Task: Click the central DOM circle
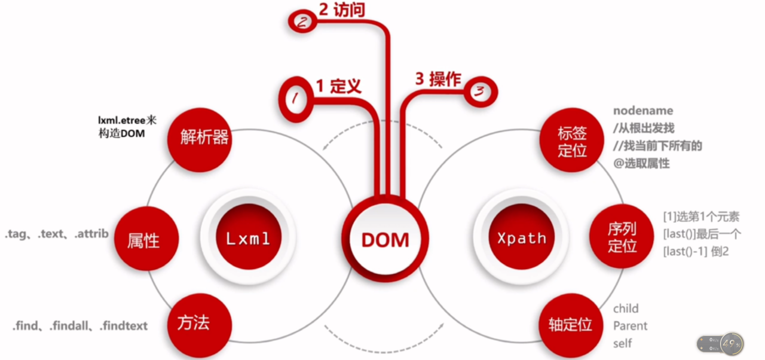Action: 385,239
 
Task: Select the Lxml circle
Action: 248,239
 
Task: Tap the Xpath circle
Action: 521,239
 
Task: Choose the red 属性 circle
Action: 143,240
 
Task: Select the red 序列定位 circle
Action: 622,237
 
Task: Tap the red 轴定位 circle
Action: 570,325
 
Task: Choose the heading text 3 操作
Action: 437,79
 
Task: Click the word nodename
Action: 642,111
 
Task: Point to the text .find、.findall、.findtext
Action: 79,326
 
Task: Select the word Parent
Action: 630,326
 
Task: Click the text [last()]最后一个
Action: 702,234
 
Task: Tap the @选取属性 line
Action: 641,163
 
